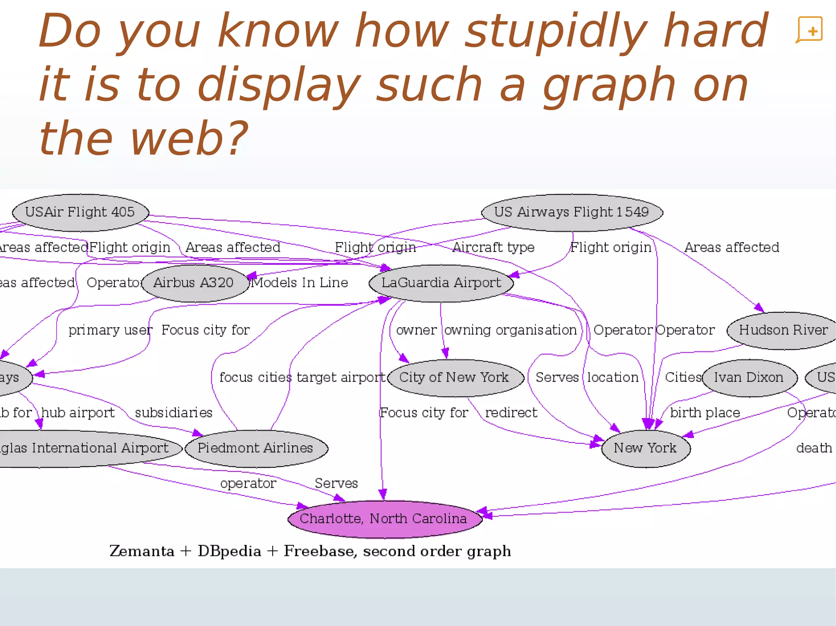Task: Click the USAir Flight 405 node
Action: click(x=80, y=212)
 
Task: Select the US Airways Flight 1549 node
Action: click(x=571, y=212)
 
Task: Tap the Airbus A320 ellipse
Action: click(x=193, y=283)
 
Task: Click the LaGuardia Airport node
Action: click(x=441, y=283)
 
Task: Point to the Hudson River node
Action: click(x=783, y=330)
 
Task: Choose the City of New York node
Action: click(x=454, y=377)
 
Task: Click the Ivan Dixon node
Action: click(x=748, y=377)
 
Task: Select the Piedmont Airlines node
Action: click(x=256, y=448)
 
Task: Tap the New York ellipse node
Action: click(x=645, y=448)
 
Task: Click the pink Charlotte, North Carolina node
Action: click(x=384, y=518)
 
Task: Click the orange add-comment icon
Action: click(x=809, y=30)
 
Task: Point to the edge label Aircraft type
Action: click(x=494, y=247)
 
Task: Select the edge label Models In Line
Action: click(x=300, y=283)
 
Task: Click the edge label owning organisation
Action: click(x=510, y=330)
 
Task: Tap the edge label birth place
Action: click(x=705, y=413)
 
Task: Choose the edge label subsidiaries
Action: click(x=173, y=413)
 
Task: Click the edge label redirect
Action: click(x=511, y=413)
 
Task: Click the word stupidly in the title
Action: click(x=555, y=32)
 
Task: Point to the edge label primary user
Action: click(x=110, y=330)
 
